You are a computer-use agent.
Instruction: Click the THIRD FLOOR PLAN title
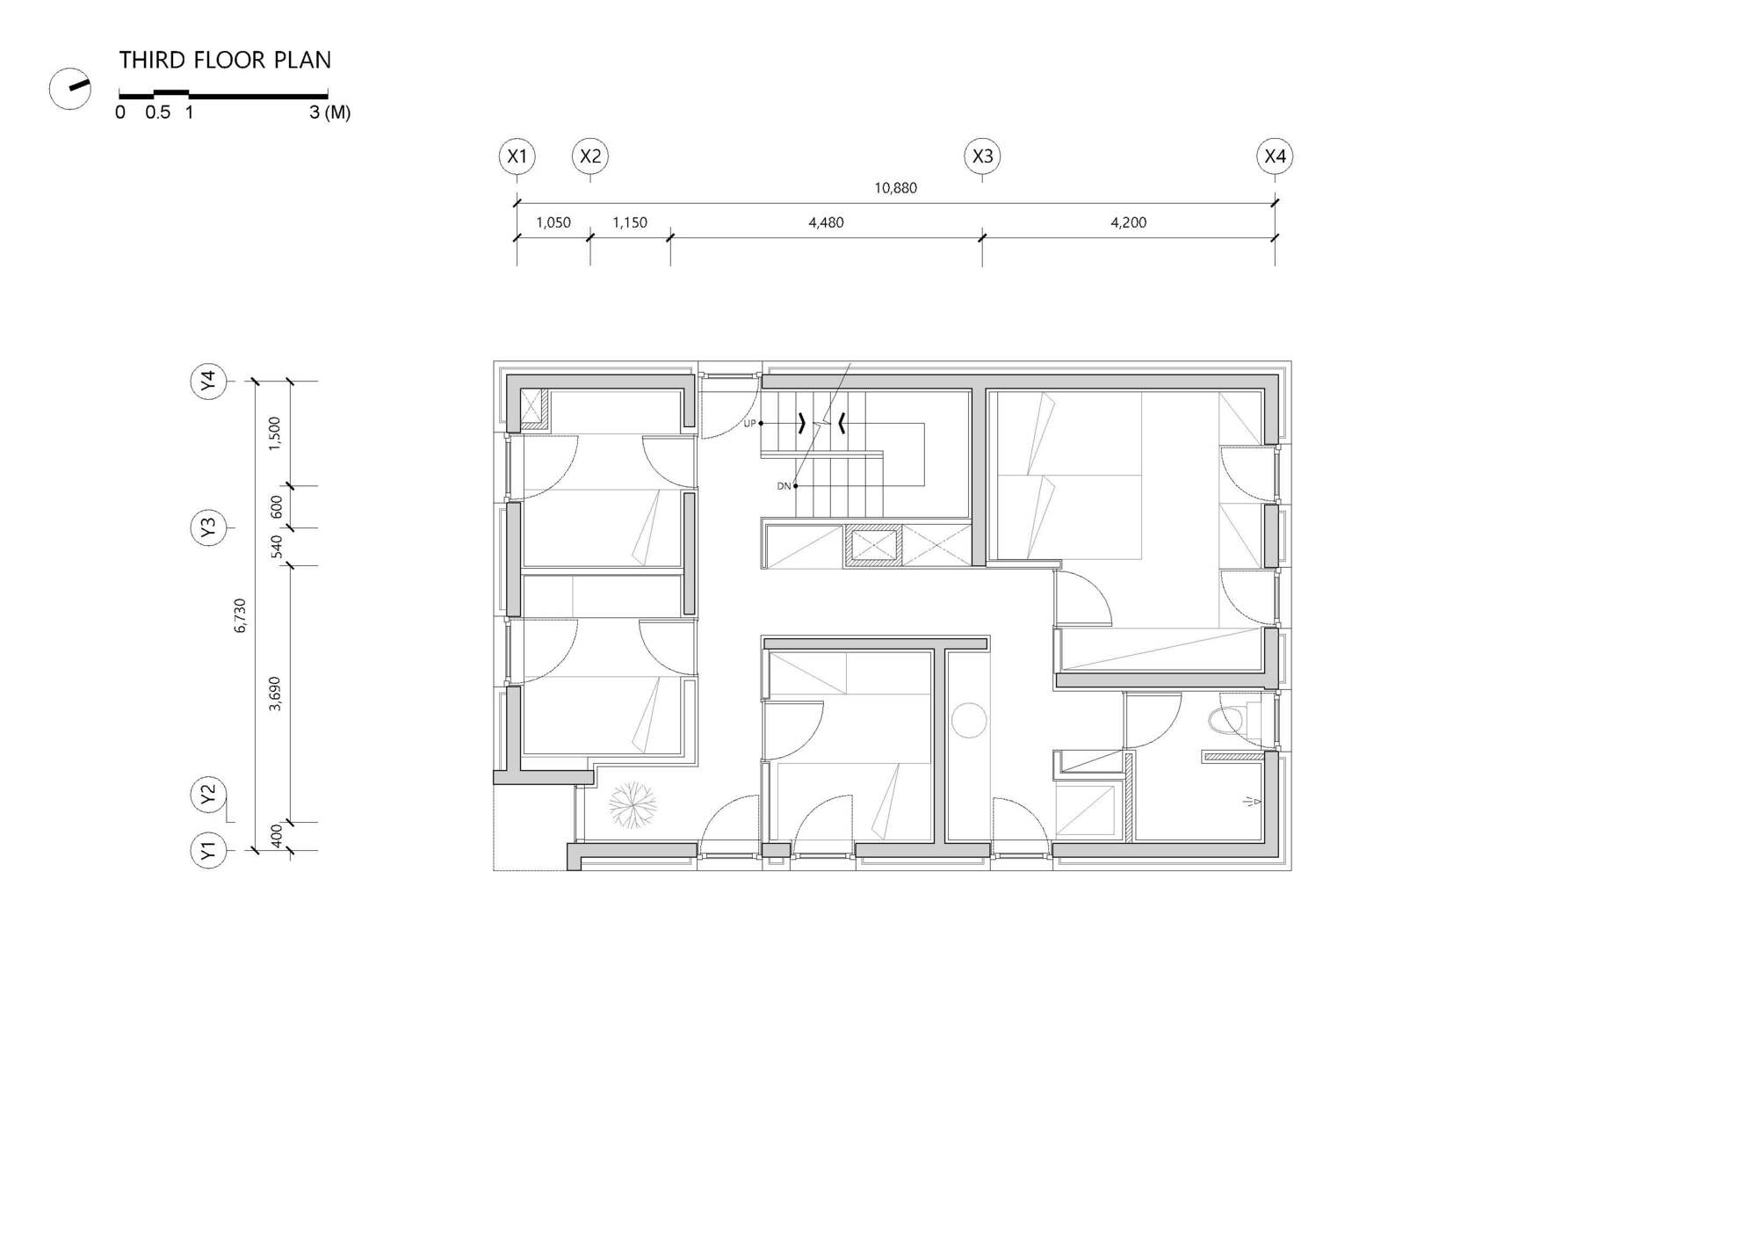(225, 60)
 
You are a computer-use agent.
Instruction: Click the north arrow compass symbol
(70, 89)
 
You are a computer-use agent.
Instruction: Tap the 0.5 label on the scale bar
(158, 113)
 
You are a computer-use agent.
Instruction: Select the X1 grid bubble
(517, 156)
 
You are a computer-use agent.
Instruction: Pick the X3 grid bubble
(982, 156)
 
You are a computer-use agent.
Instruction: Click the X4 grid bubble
(1275, 156)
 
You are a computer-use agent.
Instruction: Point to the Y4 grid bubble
(208, 382)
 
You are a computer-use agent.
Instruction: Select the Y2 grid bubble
(208, 795)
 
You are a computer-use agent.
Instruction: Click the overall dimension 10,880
(895, 188)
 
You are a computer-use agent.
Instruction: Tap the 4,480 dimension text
(826, 222)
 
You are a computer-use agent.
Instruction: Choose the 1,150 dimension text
(630, 222)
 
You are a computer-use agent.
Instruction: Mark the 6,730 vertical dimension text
(241, 615)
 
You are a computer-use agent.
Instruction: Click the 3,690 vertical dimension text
(275, 694)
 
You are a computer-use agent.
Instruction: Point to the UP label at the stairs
(749, 424)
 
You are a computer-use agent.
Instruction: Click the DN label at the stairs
(784, 486)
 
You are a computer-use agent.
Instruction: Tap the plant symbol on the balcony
(633, 804)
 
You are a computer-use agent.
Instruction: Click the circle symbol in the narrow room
(969, 720)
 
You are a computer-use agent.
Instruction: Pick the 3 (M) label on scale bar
(329, 113)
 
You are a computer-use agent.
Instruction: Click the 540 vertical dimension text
(277, 547)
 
